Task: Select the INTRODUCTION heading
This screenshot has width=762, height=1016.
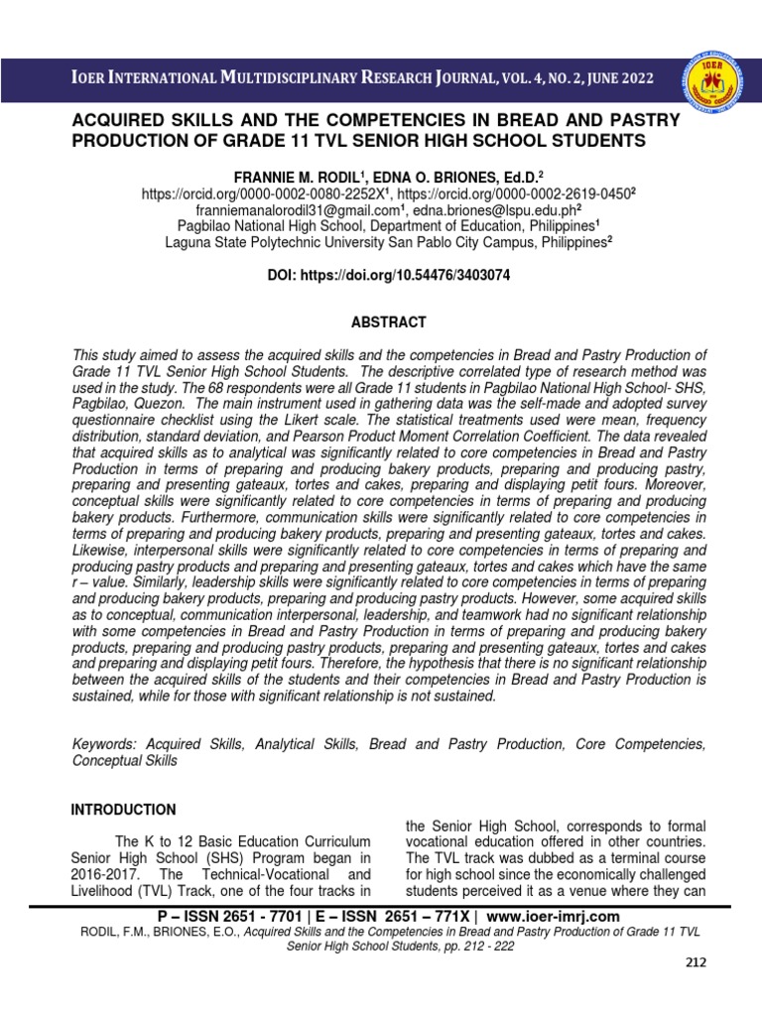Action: (x=123, y=810)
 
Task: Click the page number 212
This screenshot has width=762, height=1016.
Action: (x=698, y=990)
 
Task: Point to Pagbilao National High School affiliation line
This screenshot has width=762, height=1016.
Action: (x=387, y=227)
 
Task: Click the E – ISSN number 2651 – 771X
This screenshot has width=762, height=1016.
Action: (x=422, y=916)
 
